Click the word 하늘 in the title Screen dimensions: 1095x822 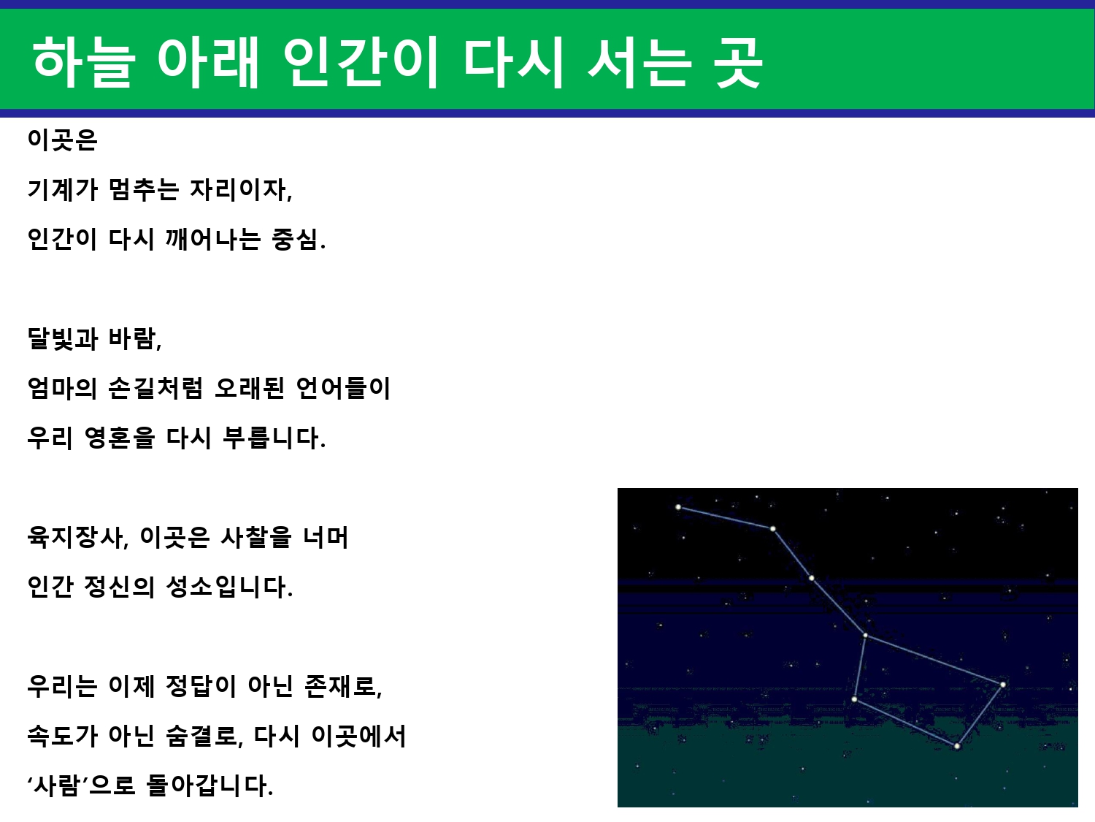(83, 62)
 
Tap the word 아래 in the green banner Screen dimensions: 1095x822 (208, 62)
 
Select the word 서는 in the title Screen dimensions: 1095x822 (640, 62)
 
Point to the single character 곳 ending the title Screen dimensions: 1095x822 (738, 62)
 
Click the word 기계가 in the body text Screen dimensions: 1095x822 (62, 189)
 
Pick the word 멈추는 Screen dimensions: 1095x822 (143, 189)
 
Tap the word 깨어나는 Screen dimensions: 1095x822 (213, 239)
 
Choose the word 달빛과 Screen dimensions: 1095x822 (62, 338)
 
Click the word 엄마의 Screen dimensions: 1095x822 (62, 388)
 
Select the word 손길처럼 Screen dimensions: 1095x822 (155, 388)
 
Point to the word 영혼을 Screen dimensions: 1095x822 (120, 438)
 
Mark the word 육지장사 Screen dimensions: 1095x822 (77, 537)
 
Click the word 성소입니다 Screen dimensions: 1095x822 (229, 587)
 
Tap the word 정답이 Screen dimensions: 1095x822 (201, 686)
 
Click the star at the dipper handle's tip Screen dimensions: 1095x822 (678, 507)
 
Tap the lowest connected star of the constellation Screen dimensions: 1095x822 (957, 747)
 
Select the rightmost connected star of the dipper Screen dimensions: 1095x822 (1003, 685)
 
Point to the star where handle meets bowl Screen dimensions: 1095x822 (866, 636)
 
